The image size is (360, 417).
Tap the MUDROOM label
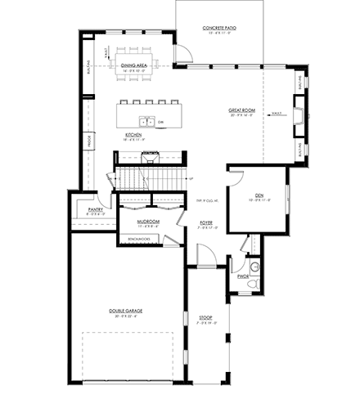coord(148,222)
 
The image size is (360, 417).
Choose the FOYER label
coord(206,222)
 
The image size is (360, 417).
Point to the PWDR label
coord(242,277)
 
